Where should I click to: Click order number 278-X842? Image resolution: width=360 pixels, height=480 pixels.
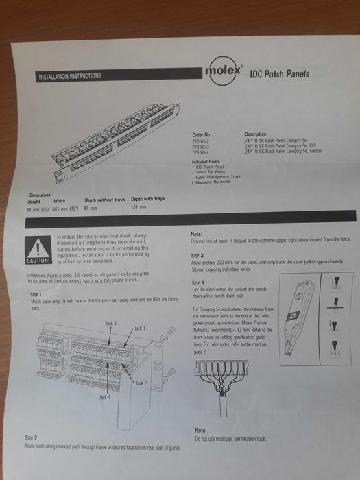(202, 139)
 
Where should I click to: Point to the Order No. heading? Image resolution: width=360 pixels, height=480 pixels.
(202, 134)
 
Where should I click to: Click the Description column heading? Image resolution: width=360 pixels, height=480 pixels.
(256, 134)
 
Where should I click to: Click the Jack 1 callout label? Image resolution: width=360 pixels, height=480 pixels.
(141, 328)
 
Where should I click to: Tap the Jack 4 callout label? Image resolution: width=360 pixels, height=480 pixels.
(105, 397)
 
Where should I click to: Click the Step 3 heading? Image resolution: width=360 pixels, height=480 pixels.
(197, 254)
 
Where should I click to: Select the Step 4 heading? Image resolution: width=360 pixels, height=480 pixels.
(198, 282)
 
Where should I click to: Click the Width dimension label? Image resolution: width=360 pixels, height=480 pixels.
(59, 202)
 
